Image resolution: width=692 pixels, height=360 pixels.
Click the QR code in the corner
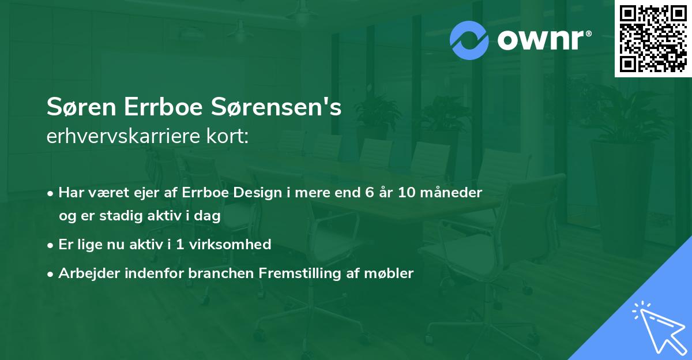pos(653,39)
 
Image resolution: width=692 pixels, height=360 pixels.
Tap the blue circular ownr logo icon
pos(469,40)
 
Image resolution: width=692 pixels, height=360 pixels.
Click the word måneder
pos(456,193)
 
